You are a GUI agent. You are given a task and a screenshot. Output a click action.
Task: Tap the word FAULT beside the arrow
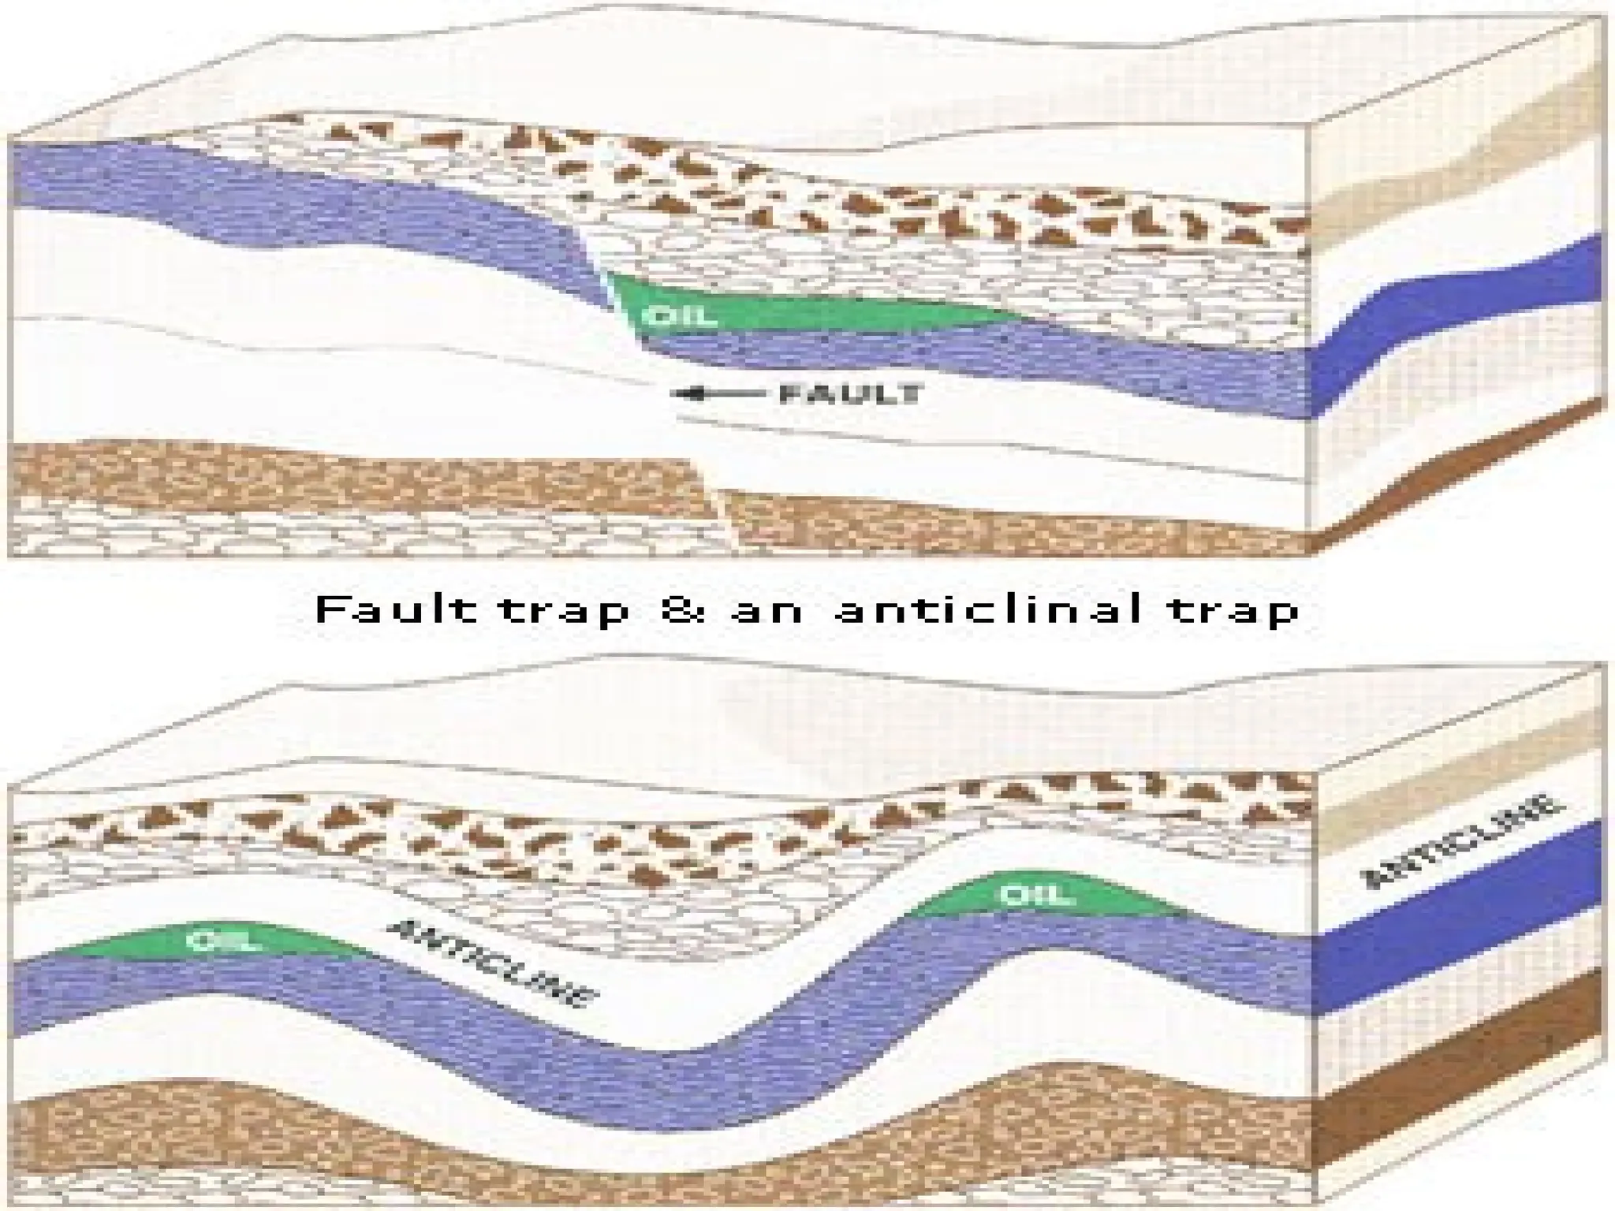tap(851, 393)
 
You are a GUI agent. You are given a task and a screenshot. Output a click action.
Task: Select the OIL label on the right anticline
tap(1036, 895)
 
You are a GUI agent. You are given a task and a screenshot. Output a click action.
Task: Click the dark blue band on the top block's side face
tap(1459, 315)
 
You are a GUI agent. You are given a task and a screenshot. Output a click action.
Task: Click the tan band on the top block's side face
tap(1459, 150)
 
